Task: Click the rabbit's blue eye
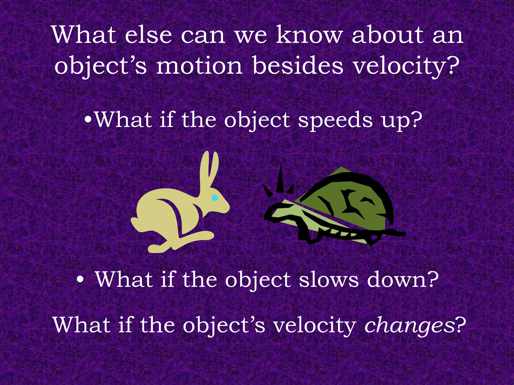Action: tap(215, 198)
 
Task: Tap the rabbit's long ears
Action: tap(209, 168)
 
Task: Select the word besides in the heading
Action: tap(298, 66)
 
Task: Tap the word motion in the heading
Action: tap(200, 66)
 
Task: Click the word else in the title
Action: tap(148, 36)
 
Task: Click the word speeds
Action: tap(335, 120)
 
